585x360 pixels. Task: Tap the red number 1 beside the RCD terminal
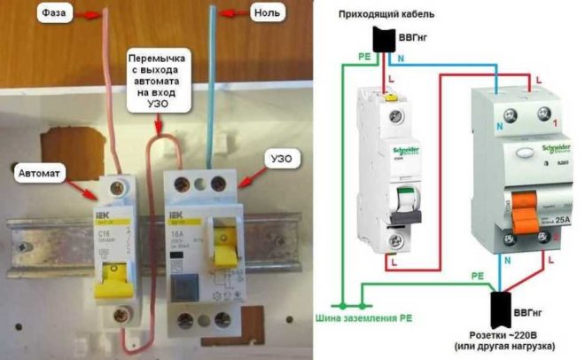(x=556, y=120)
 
